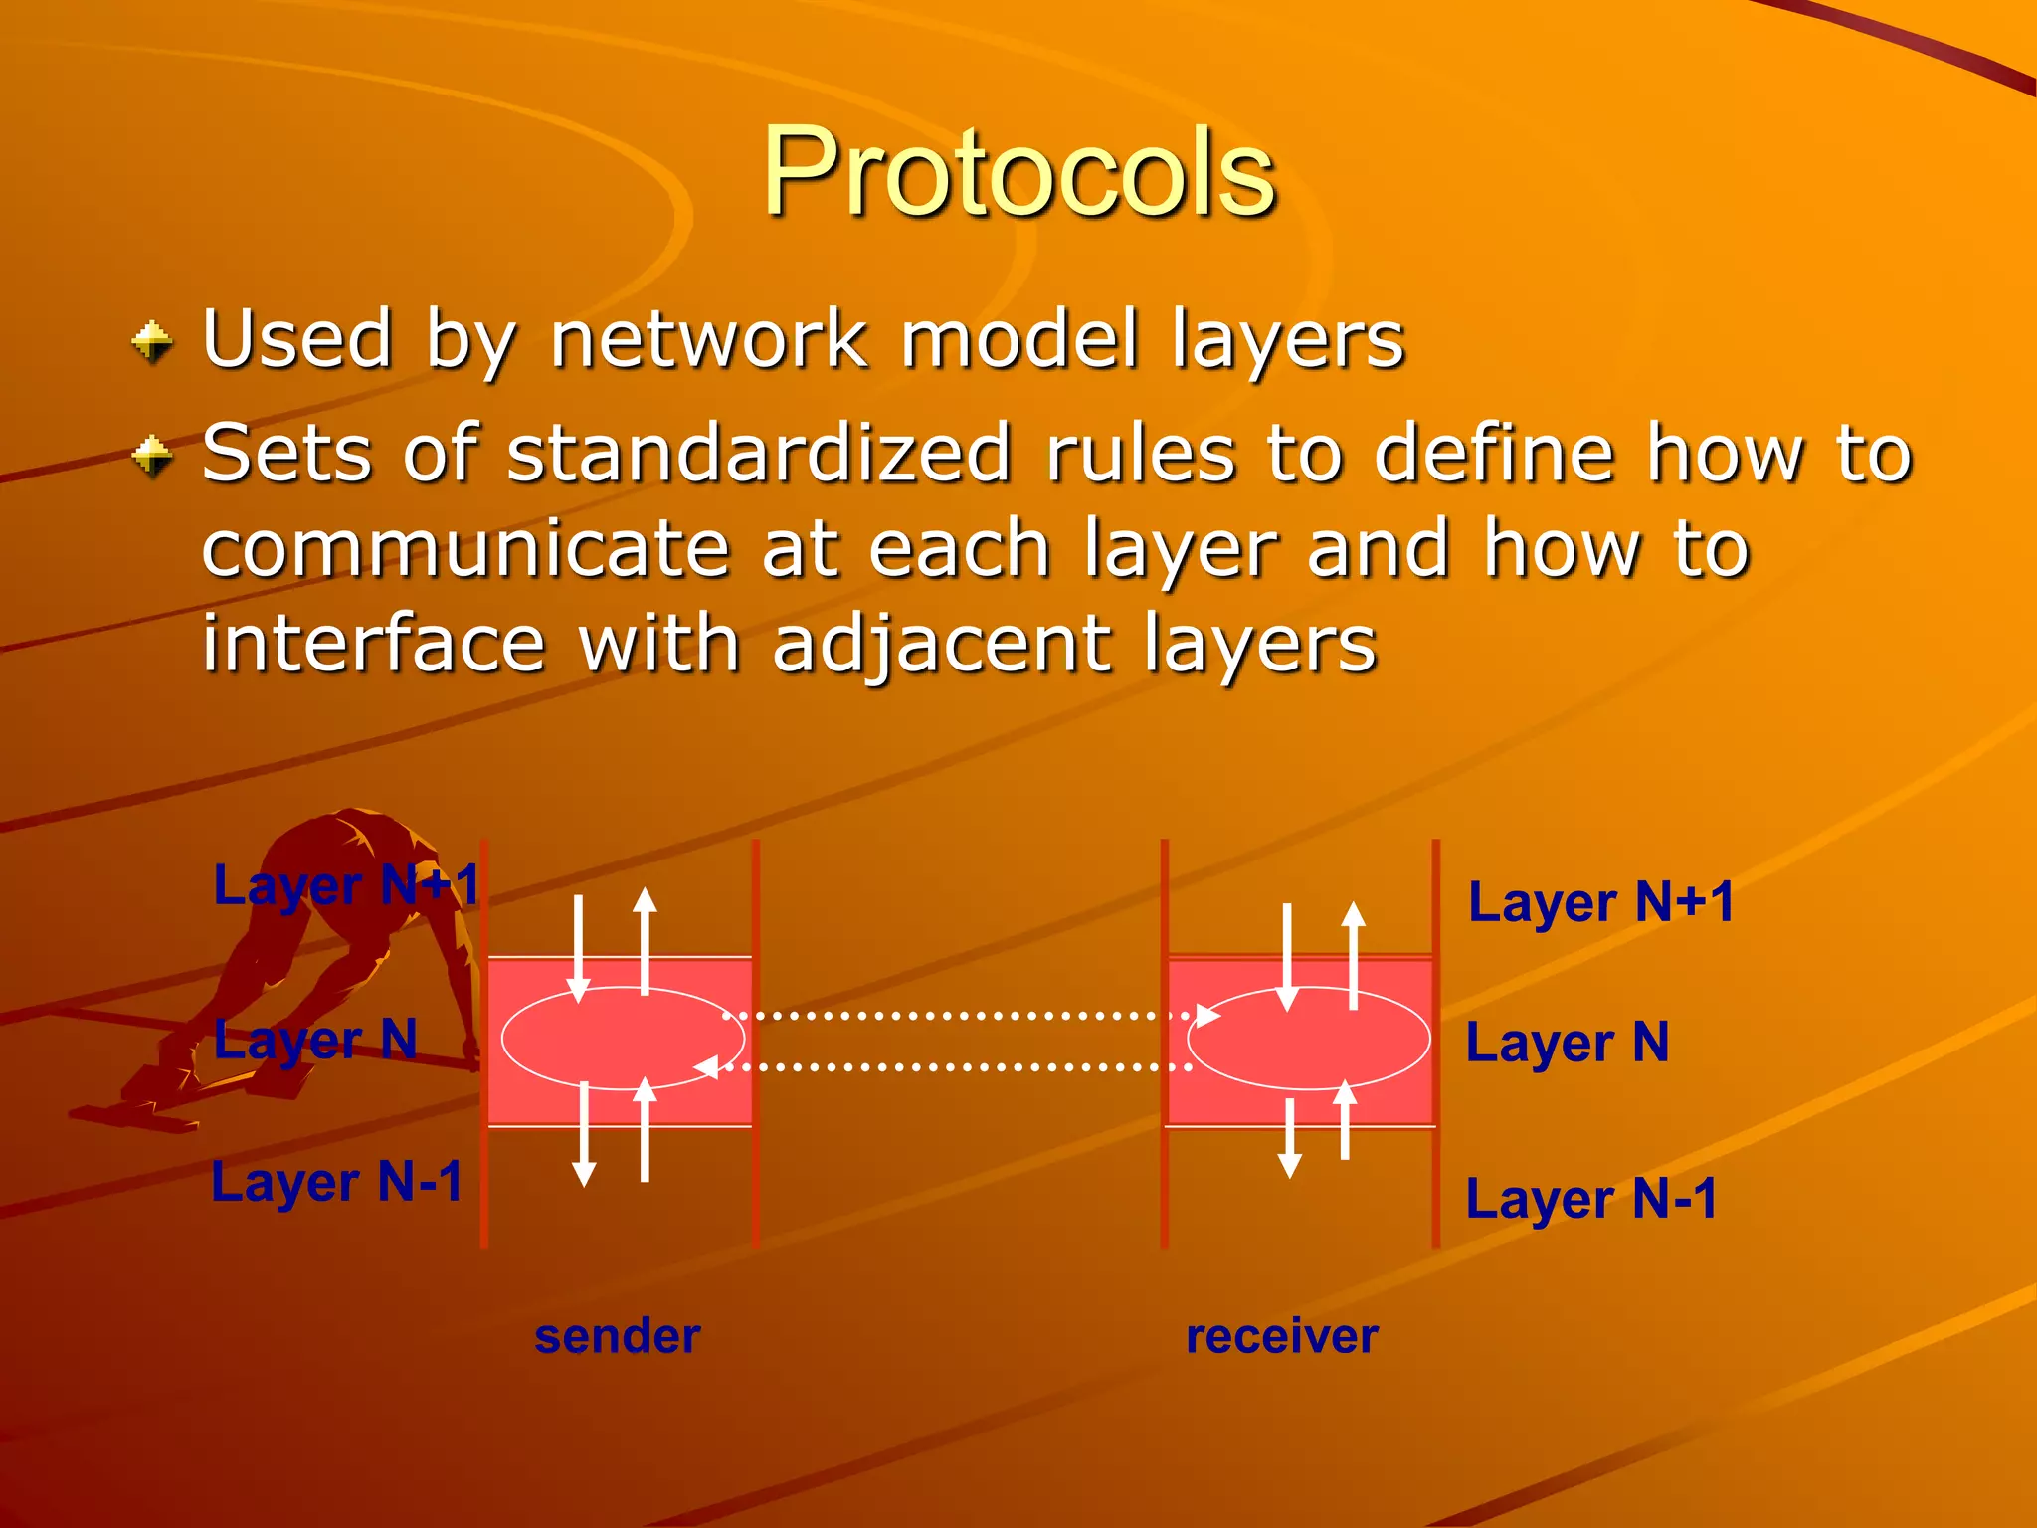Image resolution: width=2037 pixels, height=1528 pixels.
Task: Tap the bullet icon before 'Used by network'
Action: click(x=152, y=342)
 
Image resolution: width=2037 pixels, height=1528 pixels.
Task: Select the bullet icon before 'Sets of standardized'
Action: click(x=152, y=457)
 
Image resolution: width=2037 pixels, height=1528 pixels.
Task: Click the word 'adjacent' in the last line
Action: click(x=941, y=645)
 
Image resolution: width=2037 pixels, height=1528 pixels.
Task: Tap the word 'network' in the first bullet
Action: click(x=708, y=339)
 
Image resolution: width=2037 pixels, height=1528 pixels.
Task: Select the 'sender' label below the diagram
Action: click(x=618, y=1336)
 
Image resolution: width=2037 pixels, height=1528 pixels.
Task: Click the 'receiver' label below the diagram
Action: click(x=1282, y=1336)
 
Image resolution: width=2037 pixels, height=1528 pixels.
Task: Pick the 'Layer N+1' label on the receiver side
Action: click(x=1601, y=903)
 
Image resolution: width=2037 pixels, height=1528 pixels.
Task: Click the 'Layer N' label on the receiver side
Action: click(x=1568, y=1044)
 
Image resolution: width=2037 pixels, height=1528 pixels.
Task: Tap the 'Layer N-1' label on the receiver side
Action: click(x=1591, y=1199)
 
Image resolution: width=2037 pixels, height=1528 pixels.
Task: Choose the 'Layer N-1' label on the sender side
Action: click(x=337, y=1183)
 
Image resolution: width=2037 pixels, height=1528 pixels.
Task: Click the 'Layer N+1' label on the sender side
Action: click(x=347, y=885)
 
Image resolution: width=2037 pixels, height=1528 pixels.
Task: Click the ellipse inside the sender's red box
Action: click(x=623, y=1039)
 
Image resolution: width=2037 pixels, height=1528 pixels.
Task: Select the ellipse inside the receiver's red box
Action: click(x=1309, y=1039)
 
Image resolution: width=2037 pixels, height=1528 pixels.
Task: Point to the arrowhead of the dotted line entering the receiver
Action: click(x=1207, y=1016)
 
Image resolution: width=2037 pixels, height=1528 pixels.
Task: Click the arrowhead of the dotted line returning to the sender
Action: click(x=706, y=1067)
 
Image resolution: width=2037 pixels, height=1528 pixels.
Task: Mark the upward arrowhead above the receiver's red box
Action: click(x=1353, y=913)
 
